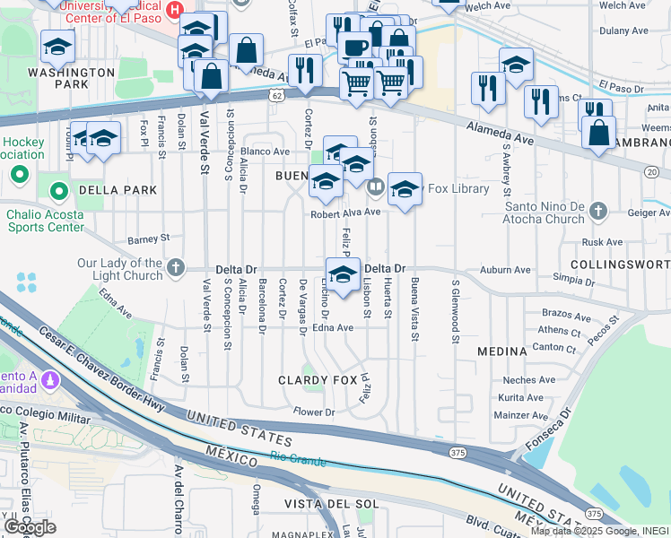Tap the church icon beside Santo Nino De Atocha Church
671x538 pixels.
tap(600, 212)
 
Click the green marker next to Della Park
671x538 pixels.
tap(59, 190)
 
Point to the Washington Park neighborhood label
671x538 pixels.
tap(58, 78)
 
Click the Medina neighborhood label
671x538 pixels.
tap(501, 351)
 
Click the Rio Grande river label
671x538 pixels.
tap(296, 459)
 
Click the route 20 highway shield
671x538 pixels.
tap(651, 171)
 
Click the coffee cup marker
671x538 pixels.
tap(356, 48)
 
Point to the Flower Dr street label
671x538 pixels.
tap(314, 412)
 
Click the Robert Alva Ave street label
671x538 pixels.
tap(346, 213)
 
